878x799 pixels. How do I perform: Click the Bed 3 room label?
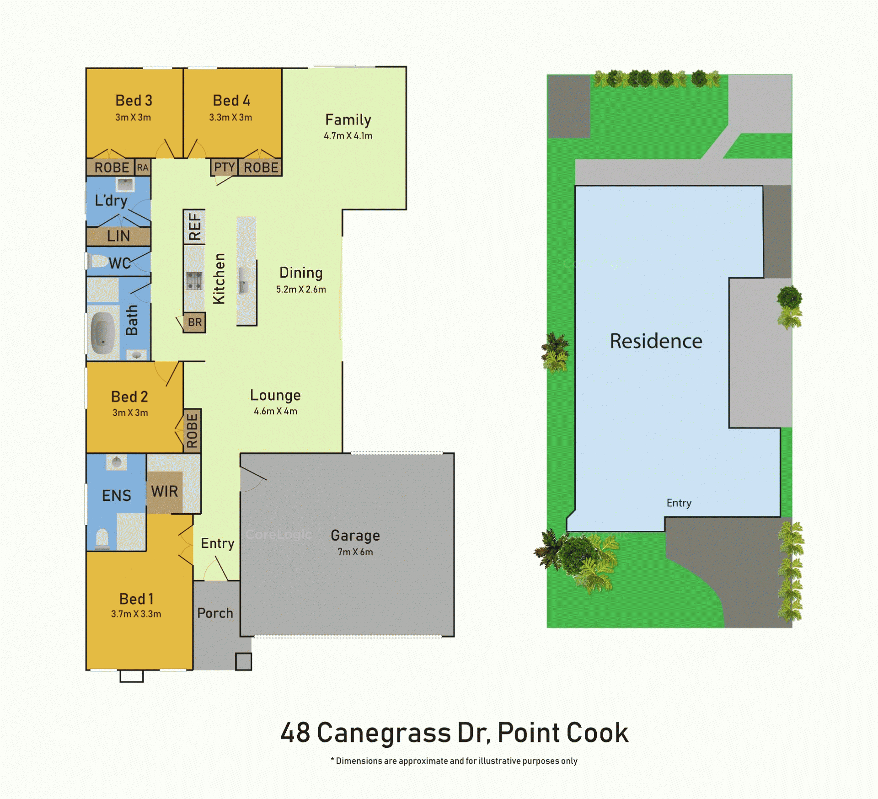[x=134, y=100]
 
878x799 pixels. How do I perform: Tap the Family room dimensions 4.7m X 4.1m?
[x=348, y=136]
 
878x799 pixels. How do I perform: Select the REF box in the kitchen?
[x=194, y=227]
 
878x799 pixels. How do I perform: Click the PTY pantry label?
[x=225, y=167]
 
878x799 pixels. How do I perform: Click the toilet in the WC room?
[x=98, y=262]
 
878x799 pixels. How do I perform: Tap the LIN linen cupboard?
[x=118, y=236]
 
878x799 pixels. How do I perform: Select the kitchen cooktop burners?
[x=194, y=280]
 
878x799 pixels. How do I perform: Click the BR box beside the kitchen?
[x=194, y=322]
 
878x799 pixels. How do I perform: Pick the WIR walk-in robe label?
[x=164, y=492]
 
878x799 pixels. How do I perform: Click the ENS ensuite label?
[x=117, y=496]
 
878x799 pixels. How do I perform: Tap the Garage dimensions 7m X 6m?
[x=355, y=552]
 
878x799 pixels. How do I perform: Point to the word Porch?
[x=215, y=613]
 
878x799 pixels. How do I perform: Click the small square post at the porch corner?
[x=243, y=661]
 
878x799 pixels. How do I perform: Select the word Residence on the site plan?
[x=656, y=341]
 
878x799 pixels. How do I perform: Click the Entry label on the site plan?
[x=679, y=503]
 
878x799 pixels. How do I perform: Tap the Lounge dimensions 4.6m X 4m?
[x=275, y=411]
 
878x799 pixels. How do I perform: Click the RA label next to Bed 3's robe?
[x=143, y=167]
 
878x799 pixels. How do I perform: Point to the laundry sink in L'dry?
[x=125, y=184]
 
